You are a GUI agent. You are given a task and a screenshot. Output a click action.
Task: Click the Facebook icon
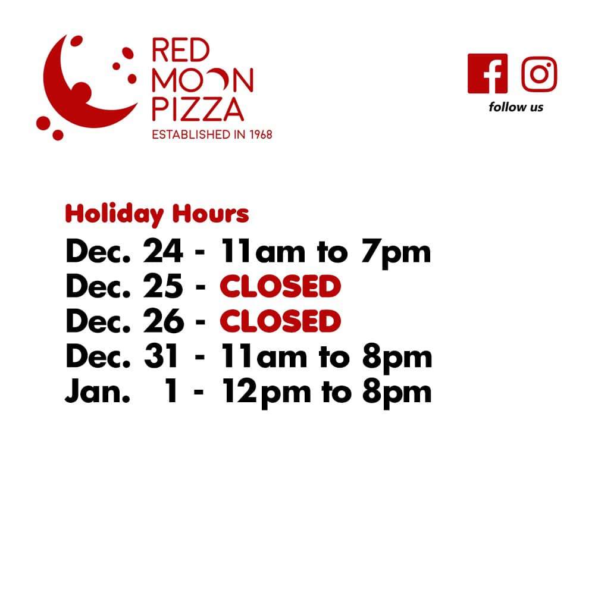(487, 74)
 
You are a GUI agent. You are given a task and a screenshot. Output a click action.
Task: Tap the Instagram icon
(539, 74)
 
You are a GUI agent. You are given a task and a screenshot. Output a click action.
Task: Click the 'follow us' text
(516, 107)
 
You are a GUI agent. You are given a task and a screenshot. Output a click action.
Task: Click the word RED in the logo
(181, 50)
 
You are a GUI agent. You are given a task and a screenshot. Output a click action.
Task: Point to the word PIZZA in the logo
(198, 109)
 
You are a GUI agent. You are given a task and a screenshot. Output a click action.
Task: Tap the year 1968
(261, 134)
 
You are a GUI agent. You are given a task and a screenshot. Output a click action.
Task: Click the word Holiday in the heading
(114, 214)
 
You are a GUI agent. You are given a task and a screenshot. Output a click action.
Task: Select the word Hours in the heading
(211, 213)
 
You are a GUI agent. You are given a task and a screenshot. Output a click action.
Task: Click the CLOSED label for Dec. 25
(280, 287)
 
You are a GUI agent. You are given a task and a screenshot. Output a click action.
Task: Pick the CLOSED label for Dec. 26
(280, 321)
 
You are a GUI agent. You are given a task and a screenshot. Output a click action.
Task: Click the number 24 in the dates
(163, 251)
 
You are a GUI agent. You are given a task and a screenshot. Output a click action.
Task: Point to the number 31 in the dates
(161, 356)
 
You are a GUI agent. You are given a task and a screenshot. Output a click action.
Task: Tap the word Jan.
(98, 391)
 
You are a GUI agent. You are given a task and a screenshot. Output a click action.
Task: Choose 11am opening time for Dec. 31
(264, 356)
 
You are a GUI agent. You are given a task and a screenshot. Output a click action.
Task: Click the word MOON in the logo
(203, 80)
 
